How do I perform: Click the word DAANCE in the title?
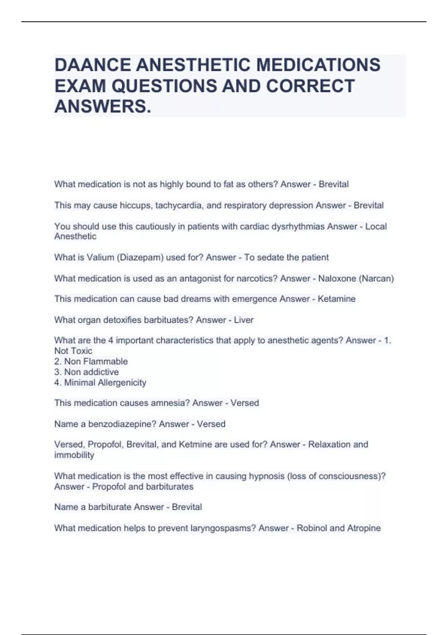[x=93, y=65]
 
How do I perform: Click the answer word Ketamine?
[x=336, y=299]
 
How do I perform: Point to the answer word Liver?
[x=243, y=320]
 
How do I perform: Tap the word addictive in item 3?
[x=102, y=372]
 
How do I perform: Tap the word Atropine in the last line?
[x=364, y=528]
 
